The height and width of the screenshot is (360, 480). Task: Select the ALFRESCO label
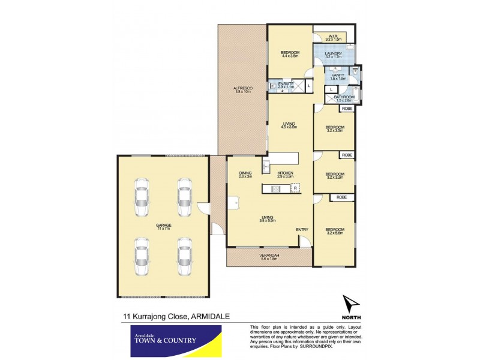point(242,89)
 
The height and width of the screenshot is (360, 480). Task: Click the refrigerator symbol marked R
point(295,188)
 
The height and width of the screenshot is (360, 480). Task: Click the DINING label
point(245,173)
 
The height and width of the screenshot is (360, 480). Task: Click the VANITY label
point(338,76)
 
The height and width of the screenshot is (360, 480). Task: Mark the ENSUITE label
point(286,84)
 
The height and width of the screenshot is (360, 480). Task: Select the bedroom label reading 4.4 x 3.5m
point(290,54)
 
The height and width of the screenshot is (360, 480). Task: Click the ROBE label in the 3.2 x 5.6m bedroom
point(341,197)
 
